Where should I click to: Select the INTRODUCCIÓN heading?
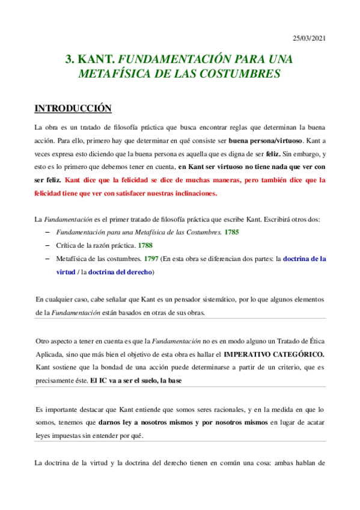click(x=73, y=109)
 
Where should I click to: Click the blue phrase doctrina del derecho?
click(x=120, y=272)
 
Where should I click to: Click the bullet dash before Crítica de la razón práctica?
click(x=48, y=245)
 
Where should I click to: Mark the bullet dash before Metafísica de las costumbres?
click(x=48, y=259)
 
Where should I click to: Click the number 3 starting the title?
click(x=69, y=60)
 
